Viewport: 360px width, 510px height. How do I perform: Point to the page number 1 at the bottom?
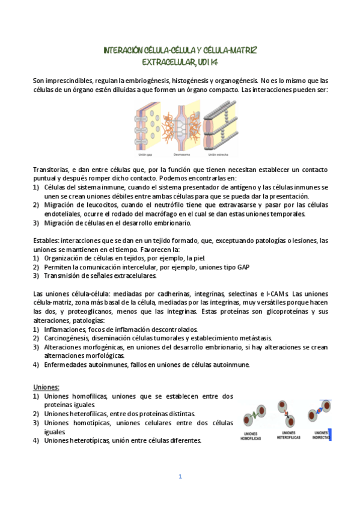(x=180, y=476)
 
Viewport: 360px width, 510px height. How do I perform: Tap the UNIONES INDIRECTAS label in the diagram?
(x=320, y=435)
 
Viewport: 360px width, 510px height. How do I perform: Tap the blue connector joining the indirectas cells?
(x=321, y=411)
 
